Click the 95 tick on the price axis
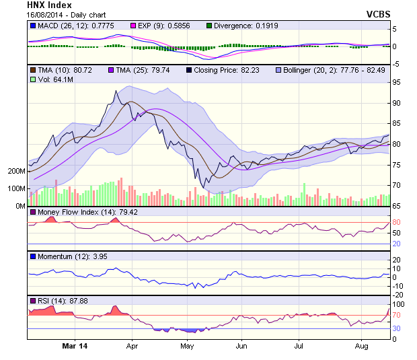point(397,82)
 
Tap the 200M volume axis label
point(16,171)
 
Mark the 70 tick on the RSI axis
point(397,314)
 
